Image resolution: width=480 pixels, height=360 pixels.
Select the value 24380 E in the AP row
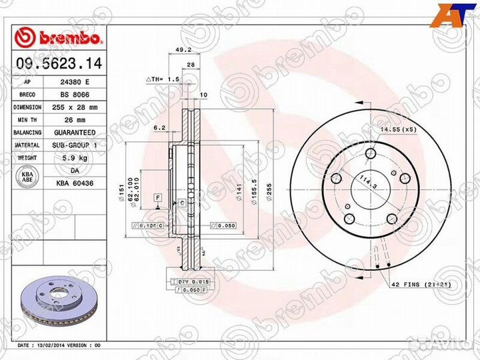(x=74, y=82)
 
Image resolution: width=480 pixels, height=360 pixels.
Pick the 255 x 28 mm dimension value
(x=74, y=107)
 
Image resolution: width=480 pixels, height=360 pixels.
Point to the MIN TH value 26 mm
(x=74, y=120)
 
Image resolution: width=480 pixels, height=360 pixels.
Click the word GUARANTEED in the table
(x=74, y=133)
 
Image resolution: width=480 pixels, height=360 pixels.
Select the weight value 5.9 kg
(x=74, y=158)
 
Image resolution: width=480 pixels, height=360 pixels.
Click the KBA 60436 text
(x=74, y=182)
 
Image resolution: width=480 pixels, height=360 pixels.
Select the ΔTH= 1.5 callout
(x=164, y=79)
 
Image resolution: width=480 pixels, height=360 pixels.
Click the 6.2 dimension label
(x=159, y=127)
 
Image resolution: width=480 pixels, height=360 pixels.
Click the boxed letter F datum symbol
(x=158, y=198)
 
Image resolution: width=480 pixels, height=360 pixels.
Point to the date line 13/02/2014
(x=59, y=346)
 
